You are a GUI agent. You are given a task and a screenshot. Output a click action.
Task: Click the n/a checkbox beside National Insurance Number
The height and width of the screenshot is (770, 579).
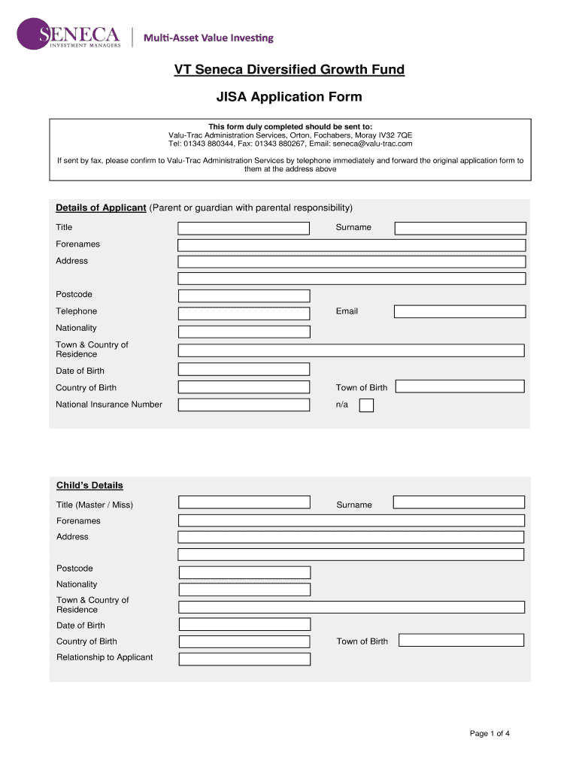pos(366,406)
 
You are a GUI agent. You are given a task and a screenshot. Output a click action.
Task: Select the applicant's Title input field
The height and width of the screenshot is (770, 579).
pos(244,228)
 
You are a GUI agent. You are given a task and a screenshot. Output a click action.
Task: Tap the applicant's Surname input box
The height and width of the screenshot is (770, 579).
pos(460,228)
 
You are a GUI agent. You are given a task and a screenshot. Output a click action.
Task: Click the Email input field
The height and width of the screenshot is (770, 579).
pos(459,311)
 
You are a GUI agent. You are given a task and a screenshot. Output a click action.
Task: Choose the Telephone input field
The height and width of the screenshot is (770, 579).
pos(244,313)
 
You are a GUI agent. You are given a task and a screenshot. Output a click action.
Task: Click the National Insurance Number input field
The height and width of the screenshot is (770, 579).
pos(244,405)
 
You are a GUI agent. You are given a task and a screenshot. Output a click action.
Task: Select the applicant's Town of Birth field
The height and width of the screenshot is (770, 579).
pos(459,387)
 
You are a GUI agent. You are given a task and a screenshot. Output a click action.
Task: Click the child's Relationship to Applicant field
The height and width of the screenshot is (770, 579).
pos(244,659)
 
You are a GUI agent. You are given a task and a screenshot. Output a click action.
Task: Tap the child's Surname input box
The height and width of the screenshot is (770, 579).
pos(459,502)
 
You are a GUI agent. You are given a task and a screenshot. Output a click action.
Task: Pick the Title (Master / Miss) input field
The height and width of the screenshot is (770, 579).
pos(244,502)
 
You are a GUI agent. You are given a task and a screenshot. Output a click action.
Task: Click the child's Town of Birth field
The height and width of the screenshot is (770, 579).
pos(461,640)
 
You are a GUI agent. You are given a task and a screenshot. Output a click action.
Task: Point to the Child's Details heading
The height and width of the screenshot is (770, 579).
pos(89,485)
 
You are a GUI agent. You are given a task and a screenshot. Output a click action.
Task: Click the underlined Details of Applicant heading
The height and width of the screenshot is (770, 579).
pos(101,208)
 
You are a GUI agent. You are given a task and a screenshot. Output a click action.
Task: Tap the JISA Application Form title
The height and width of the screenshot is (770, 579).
pos(289,97)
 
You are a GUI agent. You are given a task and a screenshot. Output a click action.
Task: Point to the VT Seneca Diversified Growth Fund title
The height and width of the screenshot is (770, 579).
pos(289,70)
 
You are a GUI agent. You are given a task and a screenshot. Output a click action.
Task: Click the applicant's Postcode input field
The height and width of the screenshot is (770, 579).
pos(244,296)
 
